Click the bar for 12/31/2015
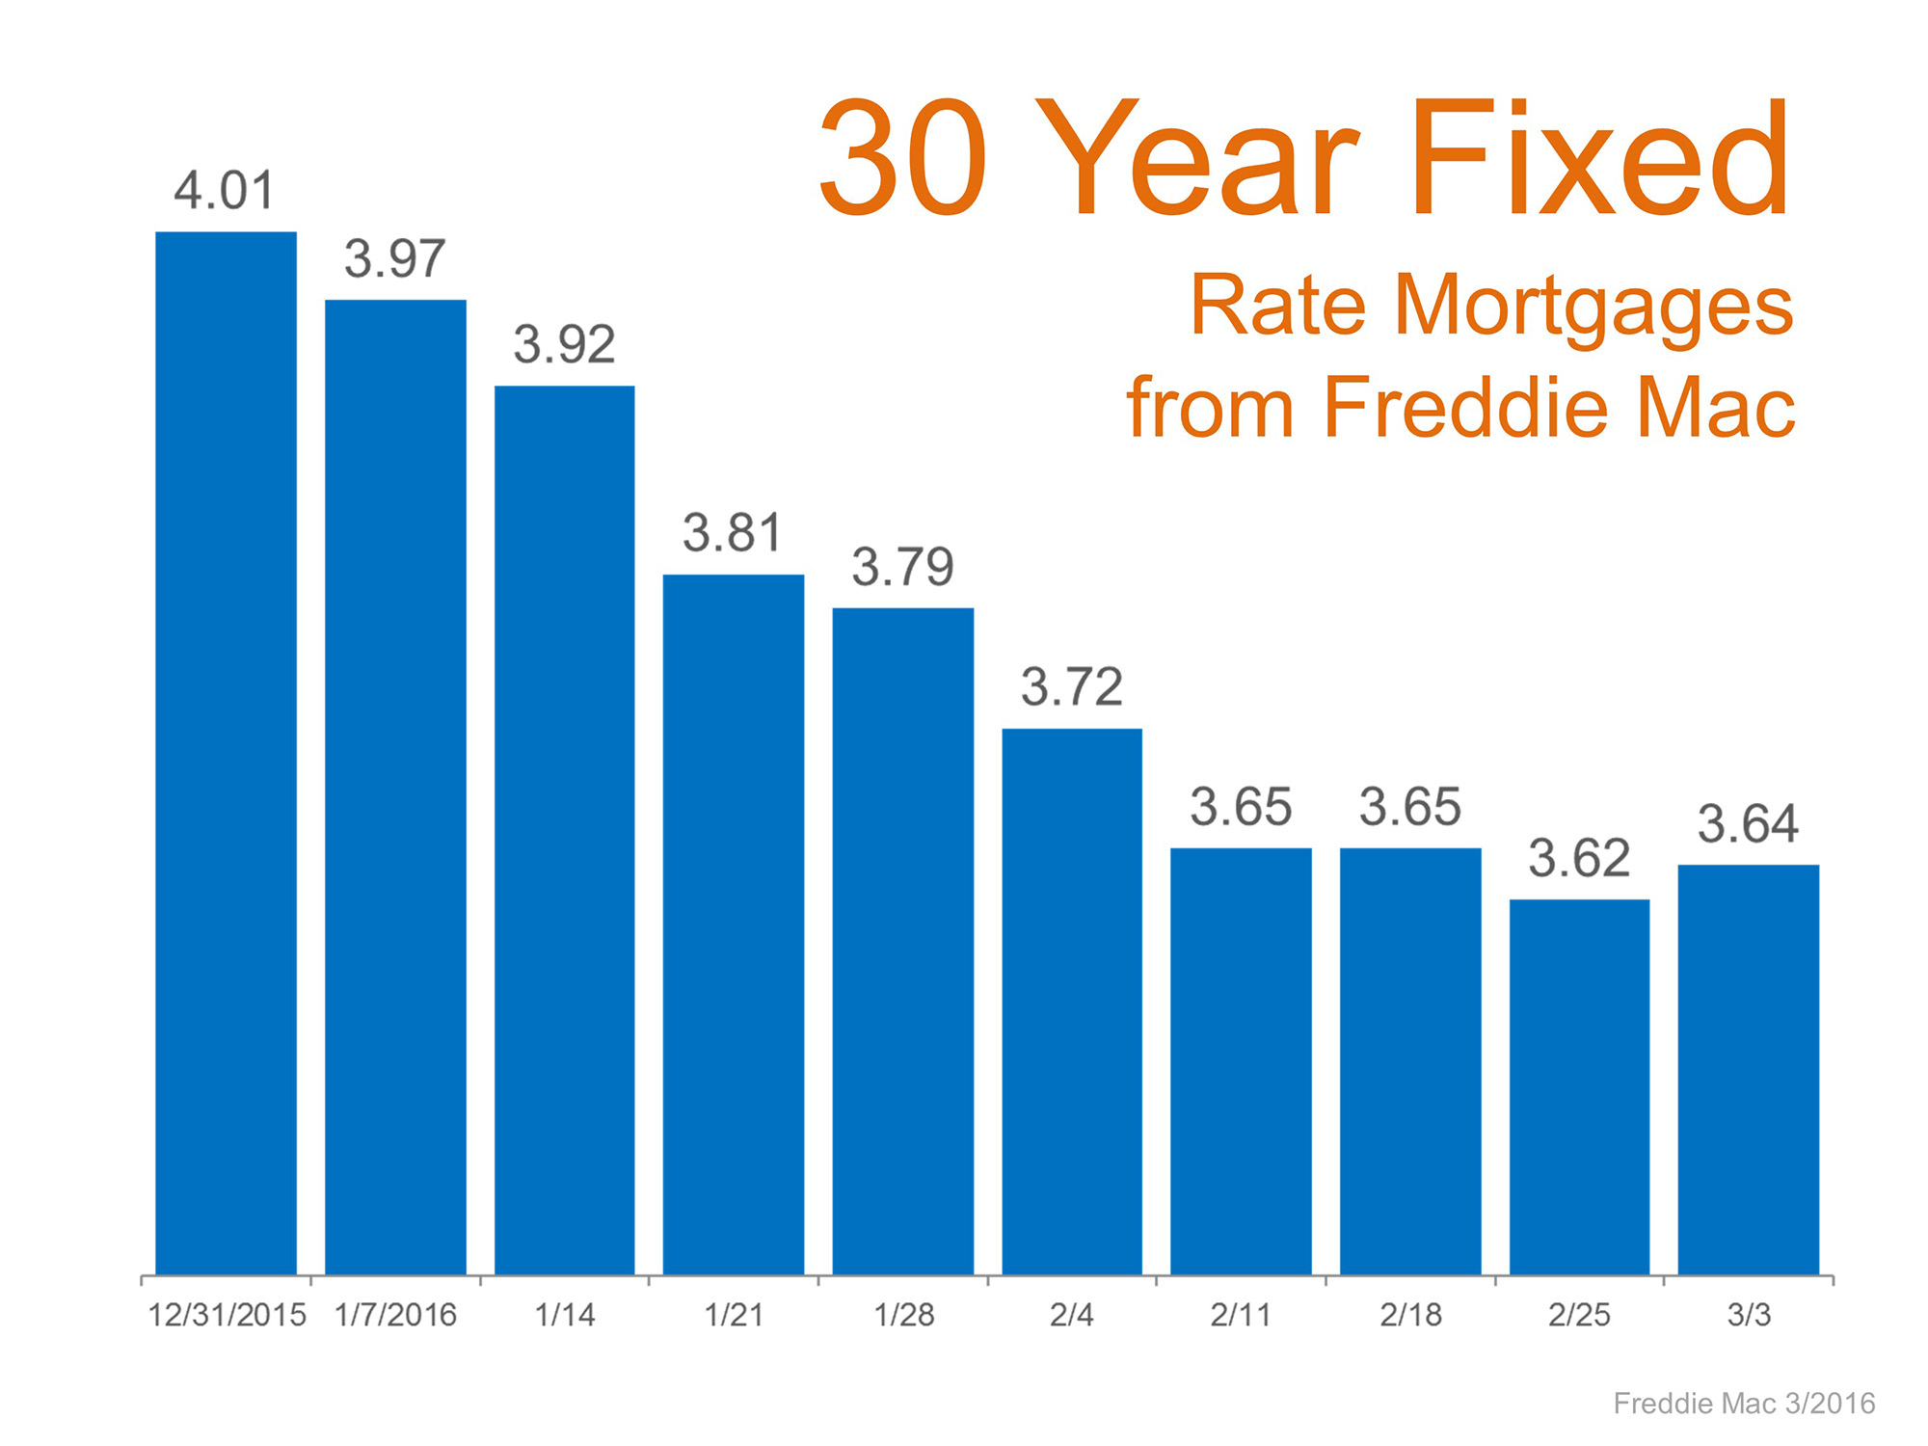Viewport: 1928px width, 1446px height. (226, 752)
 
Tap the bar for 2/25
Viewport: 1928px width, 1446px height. (1579, 1086)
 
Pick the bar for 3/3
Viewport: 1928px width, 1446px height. (1749, 1069)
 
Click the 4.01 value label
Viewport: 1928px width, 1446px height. (225, 190)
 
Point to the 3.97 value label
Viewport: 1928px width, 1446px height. (395, 258)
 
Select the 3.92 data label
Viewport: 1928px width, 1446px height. (564, 344)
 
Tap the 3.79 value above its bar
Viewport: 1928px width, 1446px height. (902, 566)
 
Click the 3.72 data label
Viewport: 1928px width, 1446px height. (1072, 686)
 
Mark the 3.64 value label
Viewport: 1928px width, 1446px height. (1748, 823)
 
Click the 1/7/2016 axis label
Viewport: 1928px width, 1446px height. (395, 1315)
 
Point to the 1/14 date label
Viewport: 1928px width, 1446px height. (565, 1315)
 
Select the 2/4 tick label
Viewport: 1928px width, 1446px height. (1072, 1315)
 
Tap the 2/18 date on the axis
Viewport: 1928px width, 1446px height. (1410, 1315)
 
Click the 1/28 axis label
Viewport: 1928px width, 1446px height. (903, 1315)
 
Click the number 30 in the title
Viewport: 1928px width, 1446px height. (903, 159)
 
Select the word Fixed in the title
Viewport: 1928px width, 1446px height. (1600, 159)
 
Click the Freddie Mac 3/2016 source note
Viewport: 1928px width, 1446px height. (1744, 1403)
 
